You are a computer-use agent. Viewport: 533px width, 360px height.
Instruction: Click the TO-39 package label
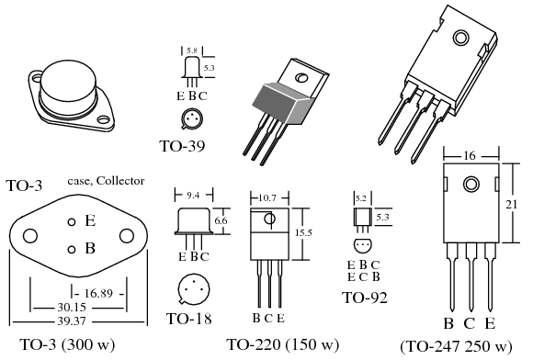point(182,146)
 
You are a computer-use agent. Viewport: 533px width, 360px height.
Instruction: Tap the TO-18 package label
point(188,319)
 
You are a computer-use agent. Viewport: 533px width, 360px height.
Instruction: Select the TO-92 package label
point(365,298)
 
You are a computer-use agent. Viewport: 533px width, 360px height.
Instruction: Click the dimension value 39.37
point(72,321)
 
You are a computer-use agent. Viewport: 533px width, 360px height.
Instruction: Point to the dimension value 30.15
point(72,308)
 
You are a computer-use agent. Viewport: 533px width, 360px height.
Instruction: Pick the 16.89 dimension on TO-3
point(98,293)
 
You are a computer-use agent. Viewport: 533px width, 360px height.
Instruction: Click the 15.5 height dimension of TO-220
point(303,232)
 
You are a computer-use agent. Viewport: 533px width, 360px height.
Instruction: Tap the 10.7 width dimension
point(267,197)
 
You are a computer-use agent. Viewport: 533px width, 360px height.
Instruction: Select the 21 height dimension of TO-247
point(511,205)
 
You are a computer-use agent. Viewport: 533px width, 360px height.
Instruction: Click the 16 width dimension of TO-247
point(469,156)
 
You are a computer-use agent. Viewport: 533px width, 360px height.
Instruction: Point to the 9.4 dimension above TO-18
point(193,196)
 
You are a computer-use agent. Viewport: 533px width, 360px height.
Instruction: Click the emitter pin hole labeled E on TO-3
point(72,222)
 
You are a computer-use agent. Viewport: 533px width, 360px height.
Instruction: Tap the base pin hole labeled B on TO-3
point(72,250)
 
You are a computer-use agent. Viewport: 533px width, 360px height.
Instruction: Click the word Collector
point(120,181)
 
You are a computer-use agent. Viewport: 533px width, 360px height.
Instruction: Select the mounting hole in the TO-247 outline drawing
point(471,185)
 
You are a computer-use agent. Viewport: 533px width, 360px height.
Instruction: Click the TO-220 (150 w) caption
point(283,344)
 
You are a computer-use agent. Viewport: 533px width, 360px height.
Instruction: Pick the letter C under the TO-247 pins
point(469,323)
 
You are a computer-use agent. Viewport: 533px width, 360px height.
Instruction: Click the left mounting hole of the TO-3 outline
point(30,236)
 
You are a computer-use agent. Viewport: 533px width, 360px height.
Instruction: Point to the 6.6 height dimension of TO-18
point(221,220)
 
